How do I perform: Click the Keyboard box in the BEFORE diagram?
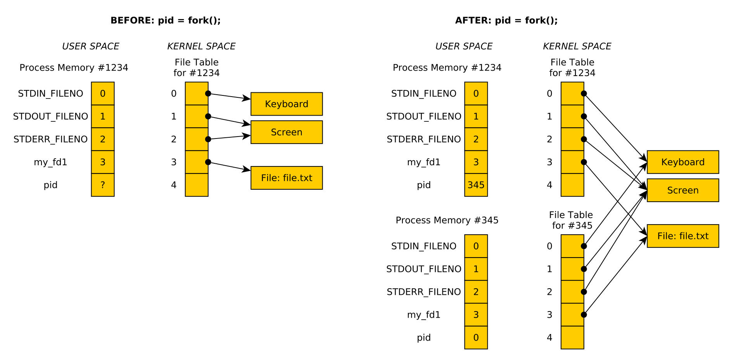[x=287, y=104]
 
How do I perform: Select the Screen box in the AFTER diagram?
[x=682, y=190]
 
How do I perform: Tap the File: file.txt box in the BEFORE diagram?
[x=287, y=178]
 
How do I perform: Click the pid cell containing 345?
[x=476, y=185]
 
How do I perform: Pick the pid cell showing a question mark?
[x=103, y=185]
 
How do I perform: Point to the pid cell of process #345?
[x=476, y=337]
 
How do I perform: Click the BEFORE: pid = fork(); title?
[x=166, y=21]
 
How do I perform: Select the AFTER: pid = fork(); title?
[x=506, y=21]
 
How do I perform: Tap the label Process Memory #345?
[x=447, y=220]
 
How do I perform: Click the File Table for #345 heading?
[x=572, y=220]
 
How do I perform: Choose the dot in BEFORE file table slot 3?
[x=208, y=162]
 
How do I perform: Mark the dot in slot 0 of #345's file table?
[x=584, y=246]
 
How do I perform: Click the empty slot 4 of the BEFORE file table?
[x=197, y=185]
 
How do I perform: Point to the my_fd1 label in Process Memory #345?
[x=423, y=315]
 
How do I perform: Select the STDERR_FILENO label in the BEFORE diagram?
[x=50, y=139]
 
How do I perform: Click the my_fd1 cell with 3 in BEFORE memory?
[x=103, y=162]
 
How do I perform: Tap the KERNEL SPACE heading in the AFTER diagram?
[x=577, y=47]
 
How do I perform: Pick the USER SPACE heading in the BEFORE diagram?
[x=90, y=47]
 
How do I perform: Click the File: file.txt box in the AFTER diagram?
[x=682, y=236]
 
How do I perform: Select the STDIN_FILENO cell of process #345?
[x=476, y=246]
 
